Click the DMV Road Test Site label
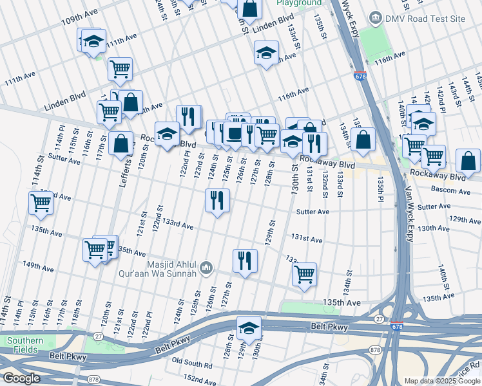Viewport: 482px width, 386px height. [425, 19]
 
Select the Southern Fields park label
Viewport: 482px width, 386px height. [25, 345]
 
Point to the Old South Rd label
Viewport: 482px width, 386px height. [191, 365]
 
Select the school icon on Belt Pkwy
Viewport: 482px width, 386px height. [249, 328]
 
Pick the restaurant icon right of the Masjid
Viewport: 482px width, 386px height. [244, 261]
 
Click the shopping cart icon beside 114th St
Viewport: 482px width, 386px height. [41, 203]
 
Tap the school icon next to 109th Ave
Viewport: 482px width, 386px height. [93, 41]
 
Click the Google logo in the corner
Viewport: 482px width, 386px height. [21, 378]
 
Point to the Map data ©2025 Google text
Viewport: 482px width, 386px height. [441, 381]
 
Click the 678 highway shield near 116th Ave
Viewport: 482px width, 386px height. [360, 76]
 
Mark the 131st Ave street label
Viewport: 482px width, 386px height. [307, 239]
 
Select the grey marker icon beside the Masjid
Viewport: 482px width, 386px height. [206, 266]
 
